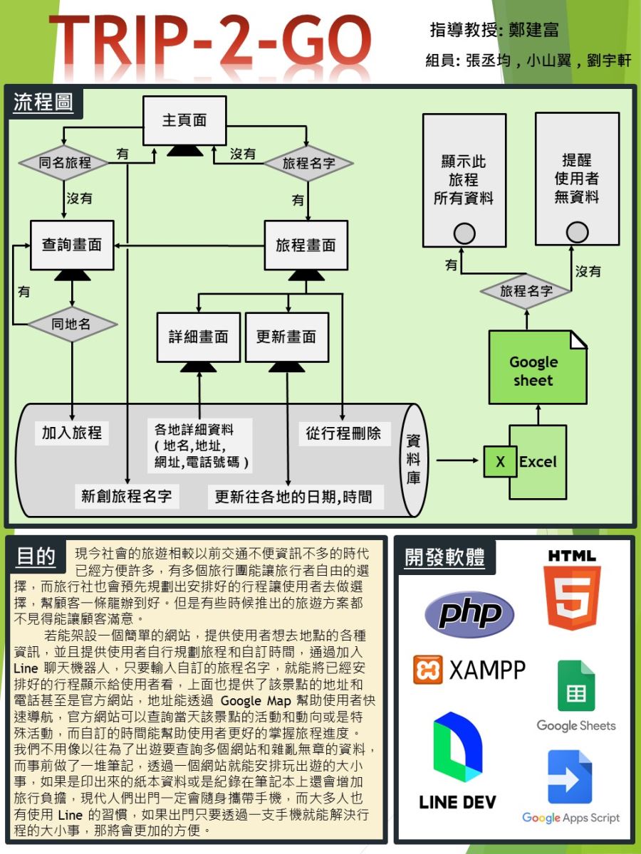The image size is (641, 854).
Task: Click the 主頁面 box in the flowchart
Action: pyautogui.click(x=184, y=120)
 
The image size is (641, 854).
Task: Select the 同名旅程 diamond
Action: pyautogui.click(x=64, y=163)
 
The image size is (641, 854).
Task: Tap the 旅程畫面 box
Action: pyautogui.click(x=306, y=246)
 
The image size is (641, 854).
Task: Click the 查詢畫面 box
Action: pyautogui.click(x=71, y=245)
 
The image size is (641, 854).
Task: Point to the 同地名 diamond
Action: pyautogui.click(x=71, y=325)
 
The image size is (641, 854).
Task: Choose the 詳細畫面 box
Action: pyautogui.click(x=198, y=337)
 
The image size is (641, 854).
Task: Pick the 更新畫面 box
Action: pyautogui.click(x=286, y=337)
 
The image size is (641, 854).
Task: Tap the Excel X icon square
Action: pyautogui.click(x=500, y=462)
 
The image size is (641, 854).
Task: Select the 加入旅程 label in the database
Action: pyautogui.click(x=72, y=432)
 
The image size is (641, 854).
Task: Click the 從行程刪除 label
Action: pyautogui.click(x=343, y=432)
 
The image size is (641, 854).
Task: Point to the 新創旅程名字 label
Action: pyautogui.click(x=127, y=496)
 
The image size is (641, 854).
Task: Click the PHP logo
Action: pyautogui.click(x=469, y=613)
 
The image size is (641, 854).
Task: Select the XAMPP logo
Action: pyautogui.click(x=469, y=670)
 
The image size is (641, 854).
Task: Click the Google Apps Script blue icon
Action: pyautogui.click(x=570, y=777)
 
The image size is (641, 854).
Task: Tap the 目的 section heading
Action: pyautogui.click(x=36, y=557)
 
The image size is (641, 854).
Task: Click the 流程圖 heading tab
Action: pyautogui.click(x=43, y=102)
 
